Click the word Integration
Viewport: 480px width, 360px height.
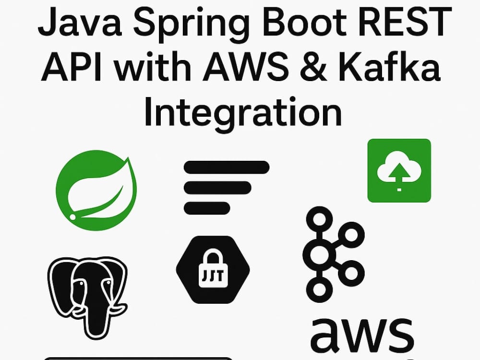[x=242, y=111]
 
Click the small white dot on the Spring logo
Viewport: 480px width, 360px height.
[x=72, y=217]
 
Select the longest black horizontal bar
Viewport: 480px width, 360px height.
[x=227, y=168]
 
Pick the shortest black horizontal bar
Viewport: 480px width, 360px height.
[x=207, y=208]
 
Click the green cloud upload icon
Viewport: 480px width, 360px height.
[x=399, y=170]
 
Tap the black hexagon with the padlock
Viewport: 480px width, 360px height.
[x=213, y=269]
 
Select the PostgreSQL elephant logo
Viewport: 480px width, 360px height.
[x=87, y=298]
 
